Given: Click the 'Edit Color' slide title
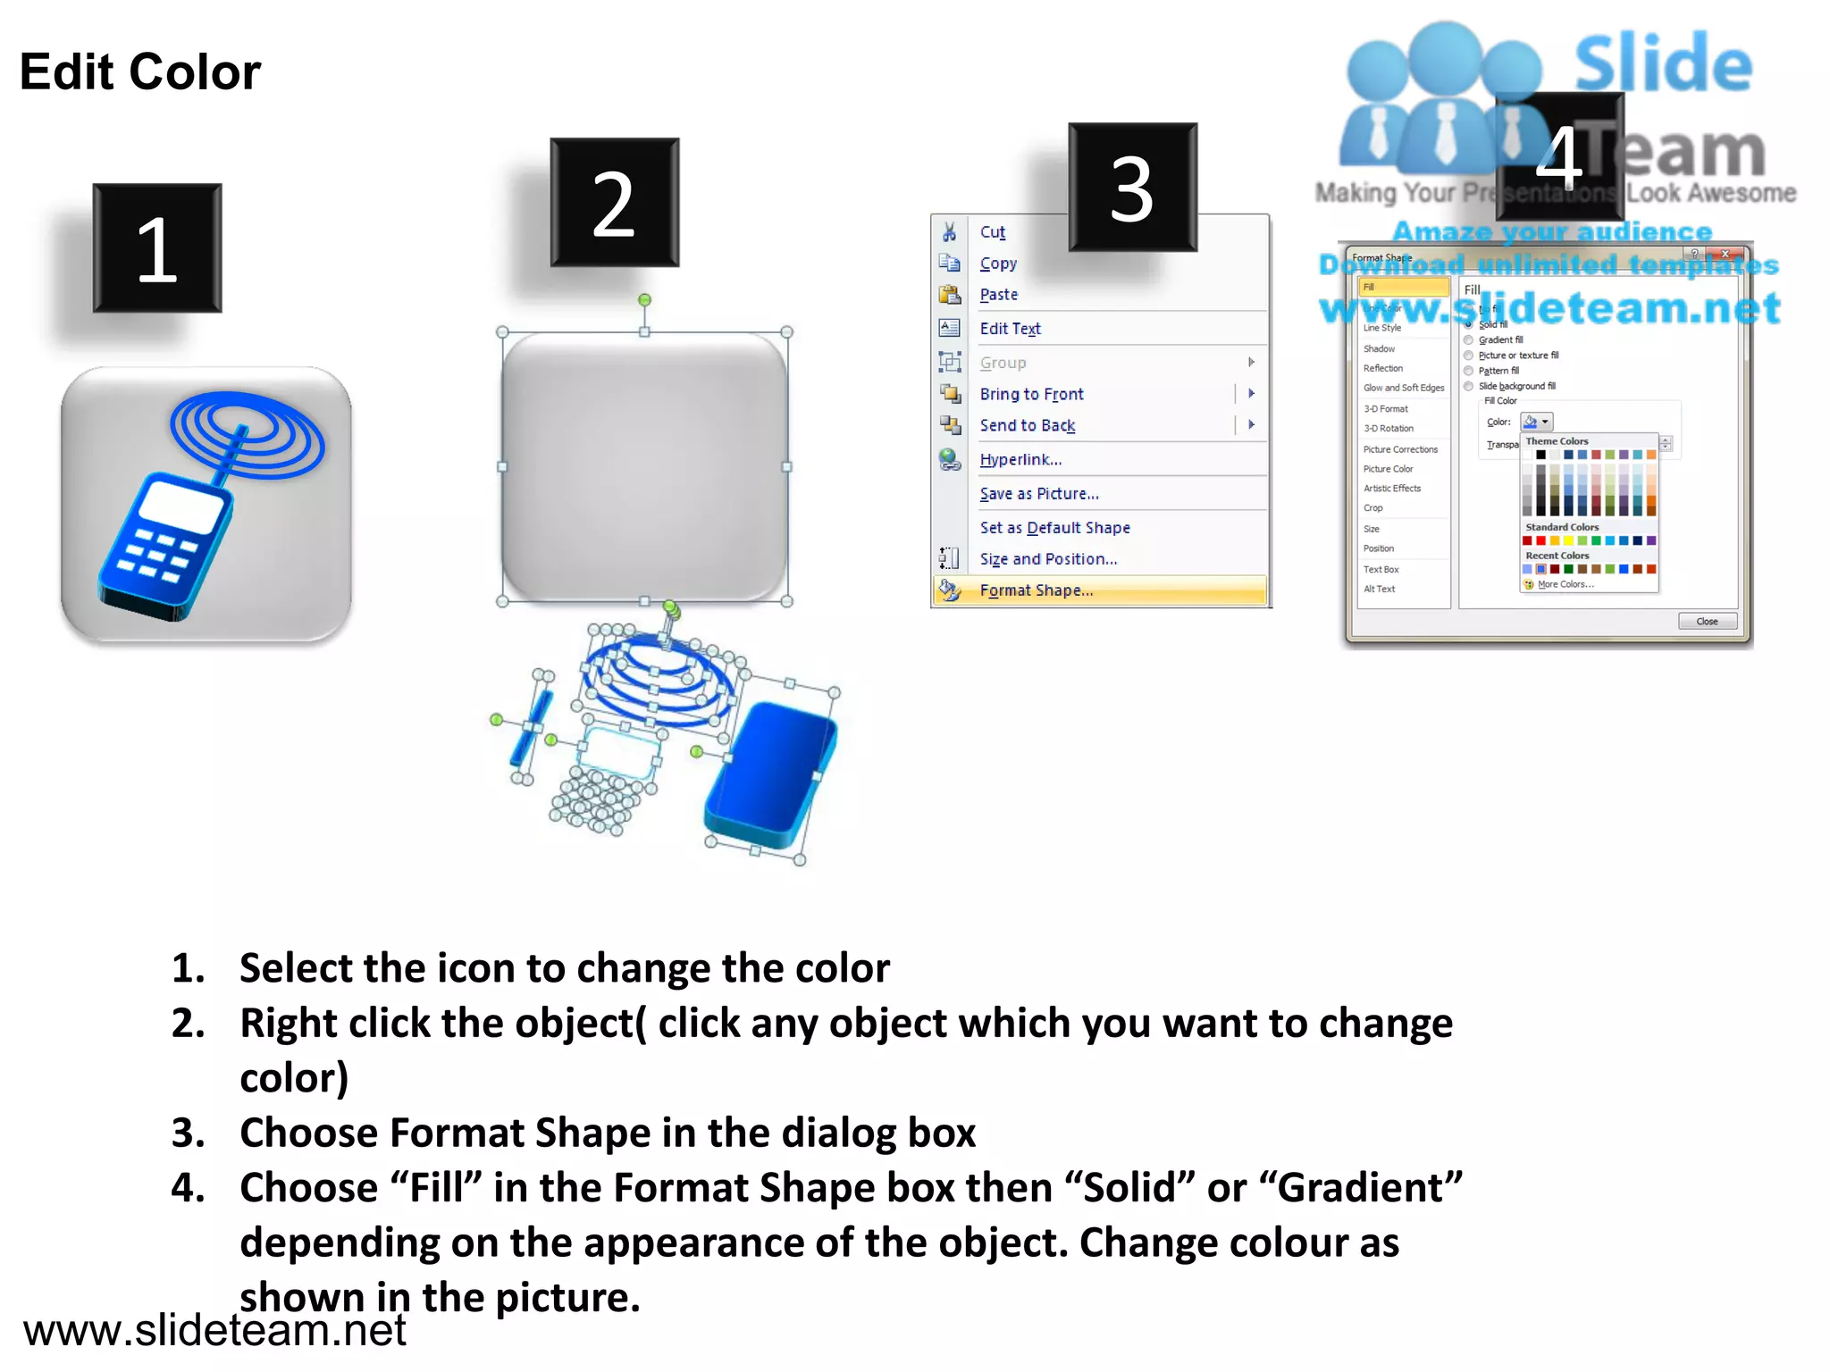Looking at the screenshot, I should pyautogui.click(x=140, y=72).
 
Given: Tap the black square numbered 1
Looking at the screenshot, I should pyautogui.click(x=157, y=248).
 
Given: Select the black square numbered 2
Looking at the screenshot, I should pyautogui.click(x=615, y=203).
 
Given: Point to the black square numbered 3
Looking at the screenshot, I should pyautogui.click(x=1132, y=188).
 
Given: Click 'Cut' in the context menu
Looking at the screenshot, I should pyautogui.click(x=992, y=232).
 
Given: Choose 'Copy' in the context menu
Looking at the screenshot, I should pyautogui.click(x=998, y=264).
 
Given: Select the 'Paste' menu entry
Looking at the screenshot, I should pyautogui.click(x=998, y=295).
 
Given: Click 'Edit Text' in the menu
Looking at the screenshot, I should pyautogui.click(x=1010, y=329).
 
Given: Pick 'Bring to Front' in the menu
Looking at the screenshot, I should pyautogui.click(x=1031, y=394).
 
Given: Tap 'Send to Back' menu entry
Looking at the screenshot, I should pyautogui.click(x=1027, y=425).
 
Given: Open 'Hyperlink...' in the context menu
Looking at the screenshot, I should pyautogui.click(x=1020, y=460).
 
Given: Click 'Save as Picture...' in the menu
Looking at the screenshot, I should pyautogui.click(x=1038, y=494).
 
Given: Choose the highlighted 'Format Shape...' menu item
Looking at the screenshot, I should pyautogui.click(x=1036, y=590).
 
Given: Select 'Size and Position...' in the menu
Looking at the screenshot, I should pyautogui.click(x=1048, y=559).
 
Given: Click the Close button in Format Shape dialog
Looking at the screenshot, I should pyautogui.click(x=1707, y=622).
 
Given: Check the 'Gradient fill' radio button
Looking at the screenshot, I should pyautogui.click(x=1468, y=340).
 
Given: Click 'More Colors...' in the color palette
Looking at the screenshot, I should pyautogui.click(x=1565, y=584).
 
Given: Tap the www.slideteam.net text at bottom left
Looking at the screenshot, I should pyautogui.click(x=214, y=1330).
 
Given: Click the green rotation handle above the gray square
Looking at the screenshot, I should pyautogui.click(x=644, y=300).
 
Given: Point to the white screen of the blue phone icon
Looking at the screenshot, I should pyautogui.click(x=181, y=507).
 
